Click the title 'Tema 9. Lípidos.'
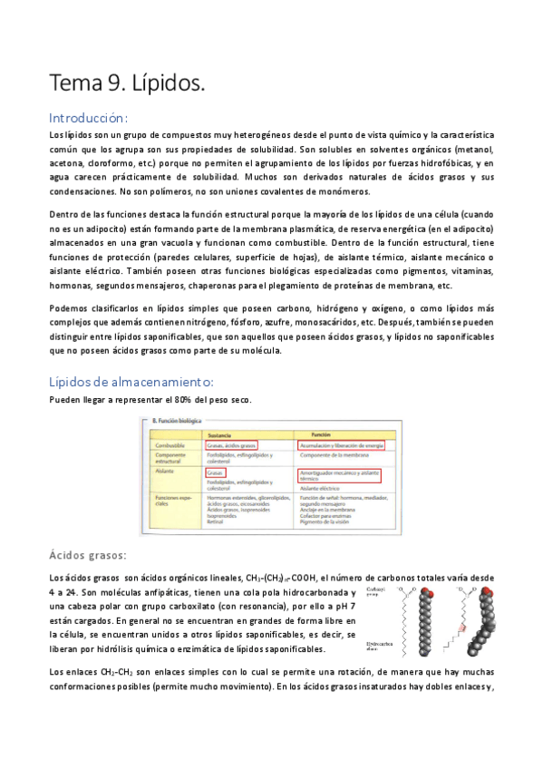[x=127, y=83]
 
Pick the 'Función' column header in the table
[x=325, y=433]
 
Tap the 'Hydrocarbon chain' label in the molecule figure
[x=375, y=647]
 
